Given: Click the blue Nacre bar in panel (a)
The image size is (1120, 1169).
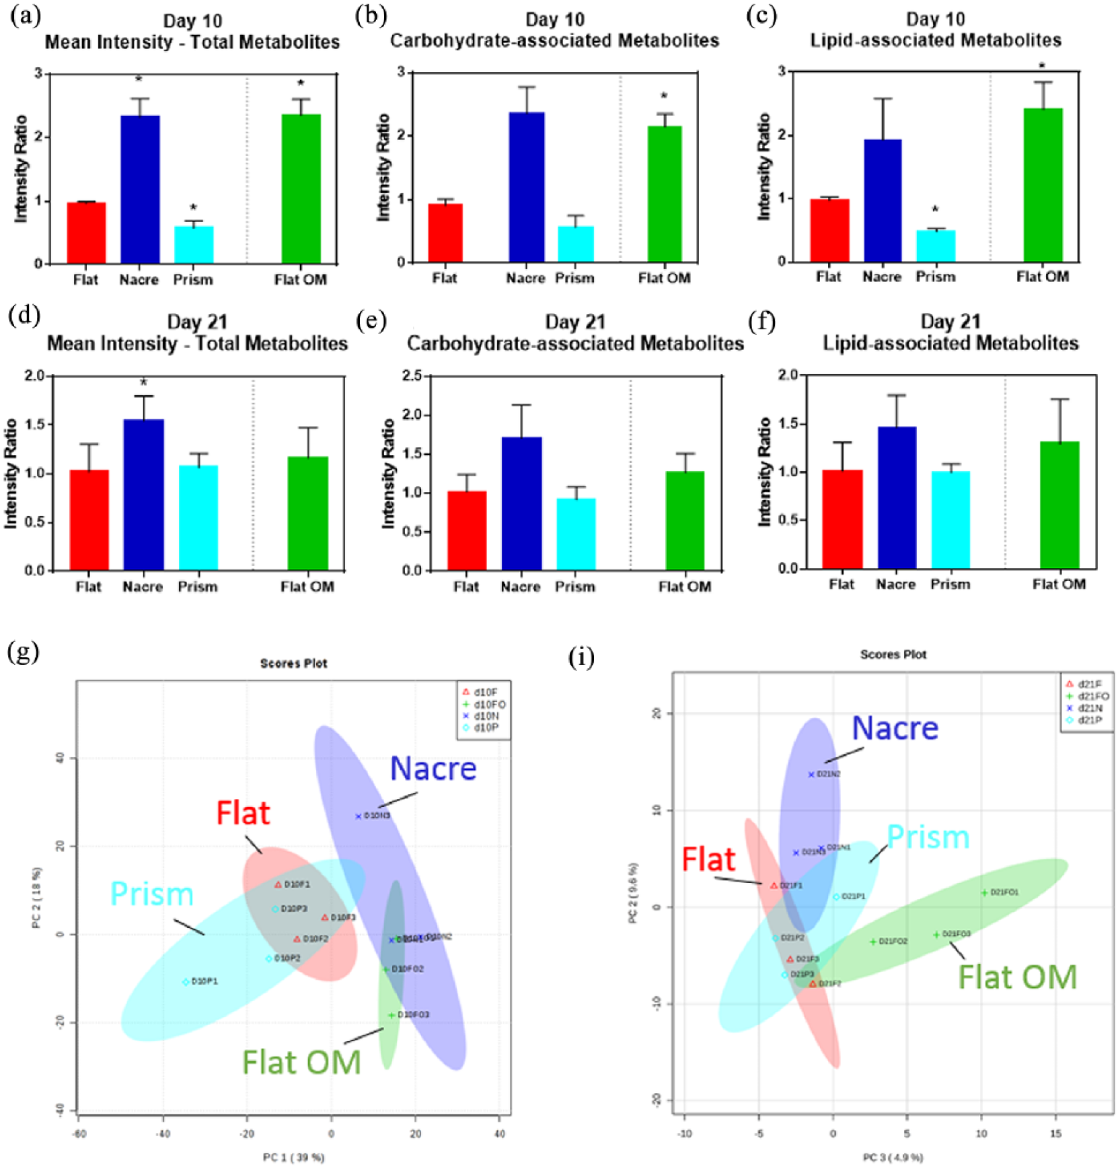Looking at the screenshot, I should click(140, 189).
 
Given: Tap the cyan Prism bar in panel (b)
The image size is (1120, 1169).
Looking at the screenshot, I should click(576, 244).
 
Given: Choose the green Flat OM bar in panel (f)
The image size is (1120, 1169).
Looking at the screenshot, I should click(1059, 505).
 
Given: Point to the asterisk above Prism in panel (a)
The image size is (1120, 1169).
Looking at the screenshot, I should click(194, 208).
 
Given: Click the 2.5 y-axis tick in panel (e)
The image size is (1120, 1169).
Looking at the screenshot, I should click(412, 376).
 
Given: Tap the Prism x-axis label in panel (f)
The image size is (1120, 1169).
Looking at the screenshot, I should click(950, 584).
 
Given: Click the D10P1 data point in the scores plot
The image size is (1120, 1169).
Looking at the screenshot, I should click(186, 982).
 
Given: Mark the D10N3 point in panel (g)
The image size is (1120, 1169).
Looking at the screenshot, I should click(359, 816).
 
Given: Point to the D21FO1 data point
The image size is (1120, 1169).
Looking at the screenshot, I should click(984, 893).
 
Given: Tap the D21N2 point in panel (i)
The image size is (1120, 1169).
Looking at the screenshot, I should click(811, 775).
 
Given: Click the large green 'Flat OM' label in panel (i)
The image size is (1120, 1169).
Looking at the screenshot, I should click(1017, 977).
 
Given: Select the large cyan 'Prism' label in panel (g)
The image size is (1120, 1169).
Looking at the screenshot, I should click(152, 894).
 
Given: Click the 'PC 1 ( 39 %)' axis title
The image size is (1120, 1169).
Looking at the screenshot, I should click(293, 1157).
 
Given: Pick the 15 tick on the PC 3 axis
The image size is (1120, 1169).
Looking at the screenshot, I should click(1055, 1133).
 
